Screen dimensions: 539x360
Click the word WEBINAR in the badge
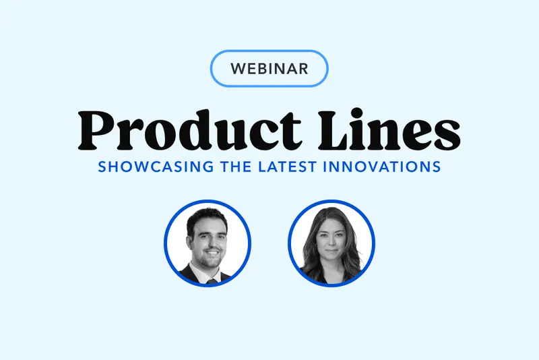click(269, 68)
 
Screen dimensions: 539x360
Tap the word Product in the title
click(189, 130)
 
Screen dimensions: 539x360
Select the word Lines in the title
click(389, 130)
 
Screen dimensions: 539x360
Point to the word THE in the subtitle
click(236, 167)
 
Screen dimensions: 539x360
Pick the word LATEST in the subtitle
click(287, 167)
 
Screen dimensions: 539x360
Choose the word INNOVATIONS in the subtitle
click(382, 167)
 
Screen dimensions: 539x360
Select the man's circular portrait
click(208, 243)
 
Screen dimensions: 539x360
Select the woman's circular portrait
click(331, 243)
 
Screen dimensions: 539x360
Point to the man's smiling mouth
click(212, 253)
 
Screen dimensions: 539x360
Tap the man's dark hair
click(205, 219)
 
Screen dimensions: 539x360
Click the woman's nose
click(331, 243)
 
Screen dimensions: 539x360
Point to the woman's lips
click(331, 251)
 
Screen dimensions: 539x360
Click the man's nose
click(212, 244)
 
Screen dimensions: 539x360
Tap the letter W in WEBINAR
click(239, 69)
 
